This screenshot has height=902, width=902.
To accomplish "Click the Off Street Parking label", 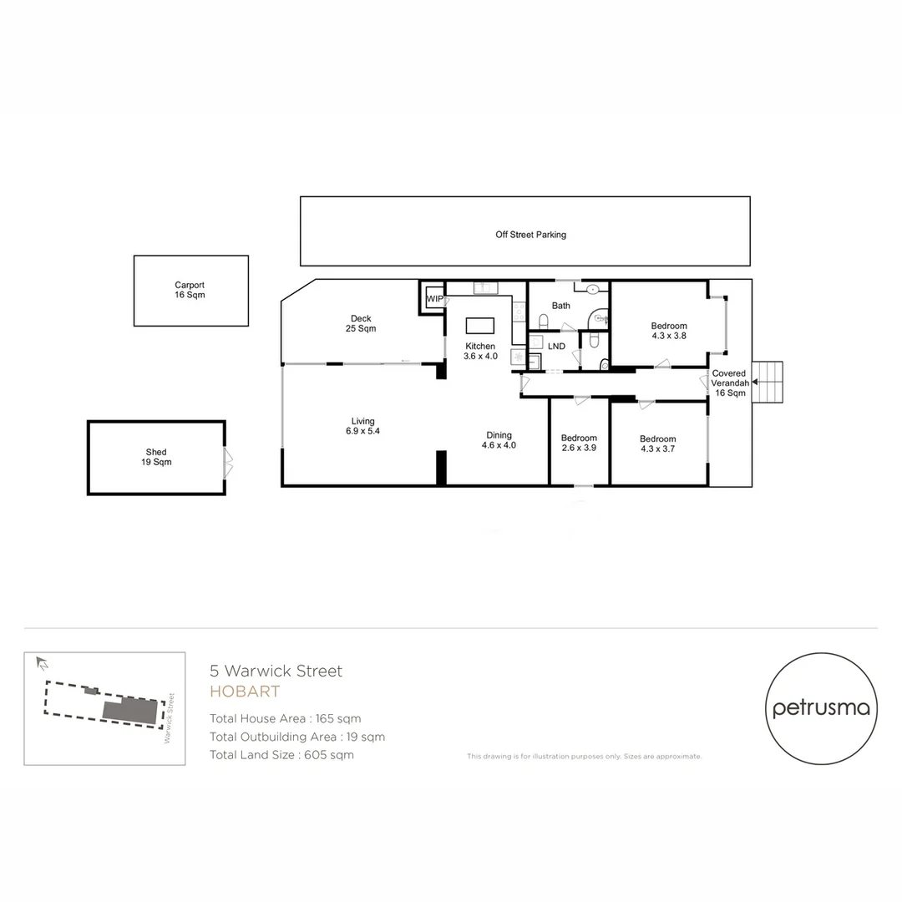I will click(530, 235).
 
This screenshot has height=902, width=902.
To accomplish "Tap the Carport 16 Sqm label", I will click(190, 290).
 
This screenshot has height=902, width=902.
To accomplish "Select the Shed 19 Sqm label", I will click(156, 457).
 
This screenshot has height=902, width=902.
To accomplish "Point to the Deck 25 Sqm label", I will click(361, 323).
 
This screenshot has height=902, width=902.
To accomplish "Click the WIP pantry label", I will click(434, 298).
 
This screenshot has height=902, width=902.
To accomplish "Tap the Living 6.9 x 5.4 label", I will click(362, 426).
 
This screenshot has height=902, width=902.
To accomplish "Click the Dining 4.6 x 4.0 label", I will click(499, 440).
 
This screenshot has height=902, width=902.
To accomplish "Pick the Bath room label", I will click(561, 306).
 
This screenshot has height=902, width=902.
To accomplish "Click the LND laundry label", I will click(555, 346).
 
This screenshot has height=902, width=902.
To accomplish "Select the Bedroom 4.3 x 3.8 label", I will click(669, 331).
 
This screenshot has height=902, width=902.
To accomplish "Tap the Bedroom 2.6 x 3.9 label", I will click(579, 443).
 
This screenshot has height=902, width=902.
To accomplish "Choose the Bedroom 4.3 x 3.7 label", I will click(657, 444).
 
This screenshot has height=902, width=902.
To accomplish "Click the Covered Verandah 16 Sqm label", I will click(728, 383).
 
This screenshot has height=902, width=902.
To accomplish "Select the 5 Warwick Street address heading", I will click(276, 671).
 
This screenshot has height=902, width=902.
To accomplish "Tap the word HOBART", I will click(244, 692).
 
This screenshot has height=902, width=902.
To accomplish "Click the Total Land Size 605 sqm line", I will click(281, 755).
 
